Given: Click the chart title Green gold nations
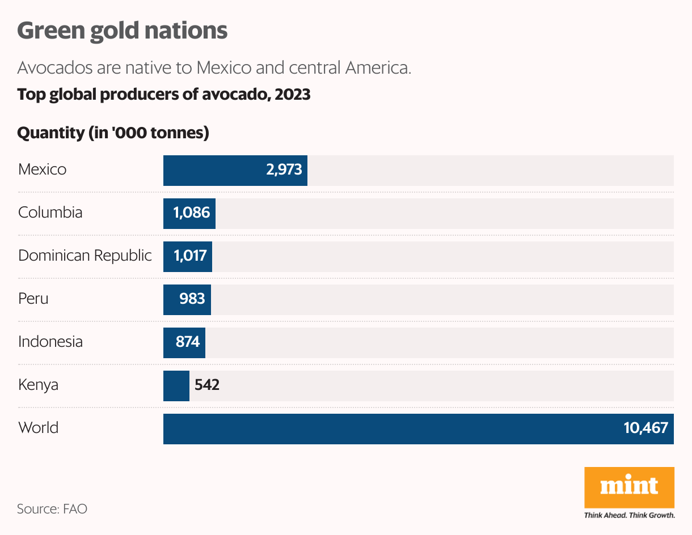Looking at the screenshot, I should (x=122, y=31).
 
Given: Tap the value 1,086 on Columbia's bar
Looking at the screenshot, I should (x=192, y=213).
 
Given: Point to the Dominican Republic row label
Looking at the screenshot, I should (x=85, y=256).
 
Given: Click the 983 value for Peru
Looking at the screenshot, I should (x=192, y=299).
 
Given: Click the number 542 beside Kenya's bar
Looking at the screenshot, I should (x=207, y=385).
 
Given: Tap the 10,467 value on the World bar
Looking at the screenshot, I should (x=645, y=428).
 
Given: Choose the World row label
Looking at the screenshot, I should (x=38, y=427).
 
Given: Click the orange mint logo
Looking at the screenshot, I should (x=629, y=487).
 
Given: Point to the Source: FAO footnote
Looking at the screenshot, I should (x=52, y=508).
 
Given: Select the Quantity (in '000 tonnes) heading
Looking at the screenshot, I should (x=113, y=133).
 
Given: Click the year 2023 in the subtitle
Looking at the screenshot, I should (x=292, y=94).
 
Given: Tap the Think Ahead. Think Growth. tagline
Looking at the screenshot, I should (x=629, y=516).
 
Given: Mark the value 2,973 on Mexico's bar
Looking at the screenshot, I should (x=284, y=169).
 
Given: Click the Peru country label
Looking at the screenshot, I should (x=33, y=299).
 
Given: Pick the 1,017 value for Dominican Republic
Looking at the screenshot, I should (x=190, y=256).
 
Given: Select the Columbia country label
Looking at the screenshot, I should (x=50, y=213).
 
